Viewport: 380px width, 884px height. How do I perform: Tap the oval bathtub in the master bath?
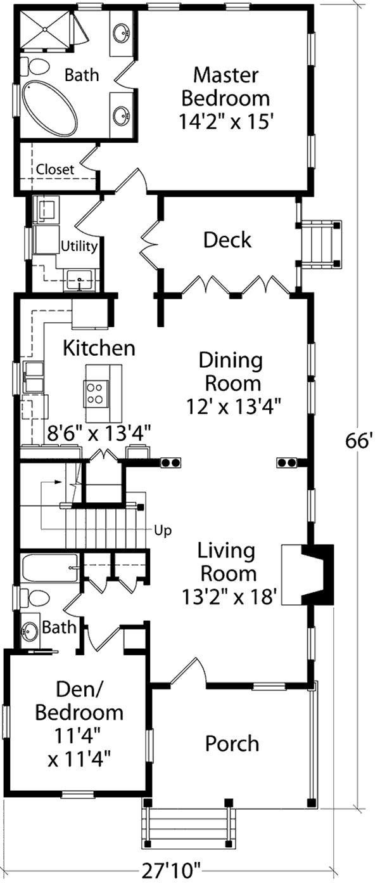coord(49,107)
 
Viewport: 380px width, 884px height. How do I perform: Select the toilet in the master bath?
coord(35,67)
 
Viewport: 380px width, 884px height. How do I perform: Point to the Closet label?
coord(55,169)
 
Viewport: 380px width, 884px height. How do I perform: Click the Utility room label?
coord(79,246)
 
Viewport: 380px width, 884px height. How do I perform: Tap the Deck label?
coord(227,240)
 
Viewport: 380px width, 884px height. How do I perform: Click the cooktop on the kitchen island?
coord(96,393)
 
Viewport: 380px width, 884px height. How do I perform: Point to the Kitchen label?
coord(99,348)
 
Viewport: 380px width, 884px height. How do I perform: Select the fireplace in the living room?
coord(307,575)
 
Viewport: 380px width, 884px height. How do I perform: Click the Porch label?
coord(232,743)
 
